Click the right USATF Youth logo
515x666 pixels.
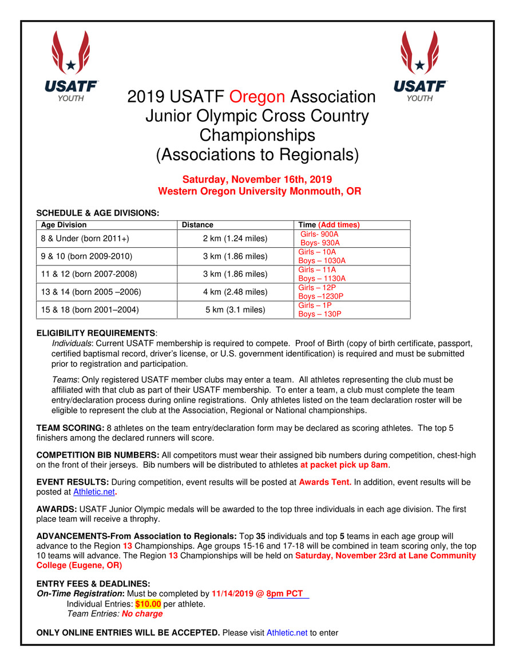[420, 66]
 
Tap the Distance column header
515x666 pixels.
[197, 225]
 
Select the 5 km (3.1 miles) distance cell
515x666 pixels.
[235, 310]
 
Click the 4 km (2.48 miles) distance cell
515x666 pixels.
[235, 292]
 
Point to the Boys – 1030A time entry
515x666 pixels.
[322, 260]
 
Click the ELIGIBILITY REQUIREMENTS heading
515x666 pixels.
[96, 333]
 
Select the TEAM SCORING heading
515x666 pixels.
[70, 428]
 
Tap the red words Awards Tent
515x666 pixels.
[325, 482]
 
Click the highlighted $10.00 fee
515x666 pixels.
[148, 604]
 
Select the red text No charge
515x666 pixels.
[142, 613]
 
